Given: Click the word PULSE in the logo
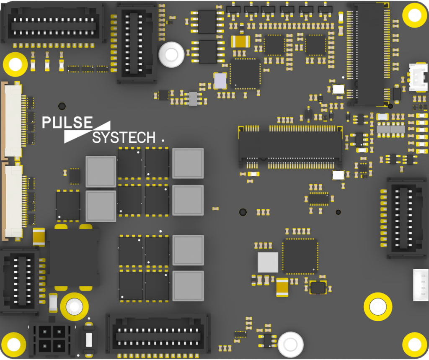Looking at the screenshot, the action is (x=67, y=122).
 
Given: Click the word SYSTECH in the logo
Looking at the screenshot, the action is (x=124, y=137).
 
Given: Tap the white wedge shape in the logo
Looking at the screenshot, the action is (x=87, y=132).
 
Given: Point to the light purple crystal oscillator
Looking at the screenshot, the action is (x=220, y=81).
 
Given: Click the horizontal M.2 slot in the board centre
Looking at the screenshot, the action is (x=290, y=147).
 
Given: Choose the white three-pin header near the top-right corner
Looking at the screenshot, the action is (x=419, y=77).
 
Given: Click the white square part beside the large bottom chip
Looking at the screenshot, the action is (x=268, y=262).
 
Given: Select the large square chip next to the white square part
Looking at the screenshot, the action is (x=300, y=256).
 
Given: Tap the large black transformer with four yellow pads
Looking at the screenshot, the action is (x=73, y=257).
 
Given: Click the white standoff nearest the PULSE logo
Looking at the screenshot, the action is (x=171, y=55).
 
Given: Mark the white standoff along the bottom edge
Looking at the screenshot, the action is (x=291, y=345).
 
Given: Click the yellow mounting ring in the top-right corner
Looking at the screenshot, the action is (x=415, y=15).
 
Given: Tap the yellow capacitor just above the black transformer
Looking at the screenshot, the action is (x=39, y=237).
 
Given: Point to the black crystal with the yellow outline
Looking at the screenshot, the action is (x=318, y=288).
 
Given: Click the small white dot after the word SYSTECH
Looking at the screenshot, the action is (x=163, y=141).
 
